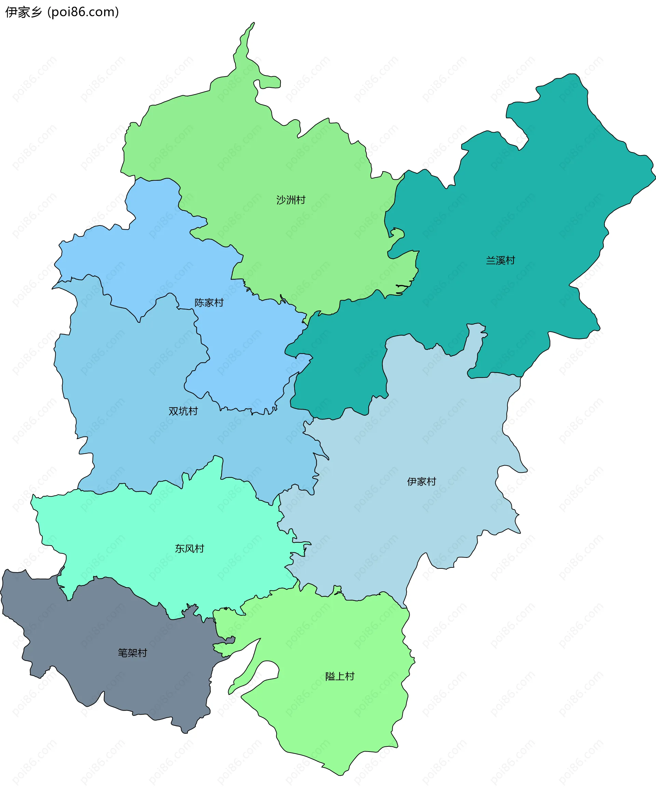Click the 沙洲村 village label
(x=291, y=200)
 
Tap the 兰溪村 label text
(x=500, y=260)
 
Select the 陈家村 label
(x=209, y=303)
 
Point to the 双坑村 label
(x=183, y=411)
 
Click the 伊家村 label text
(x=421, y=481)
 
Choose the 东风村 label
(x=189, y=548)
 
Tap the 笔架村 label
(x=132, y=653)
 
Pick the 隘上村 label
(x=340, y=676)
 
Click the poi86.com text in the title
(x=83, y=12)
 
